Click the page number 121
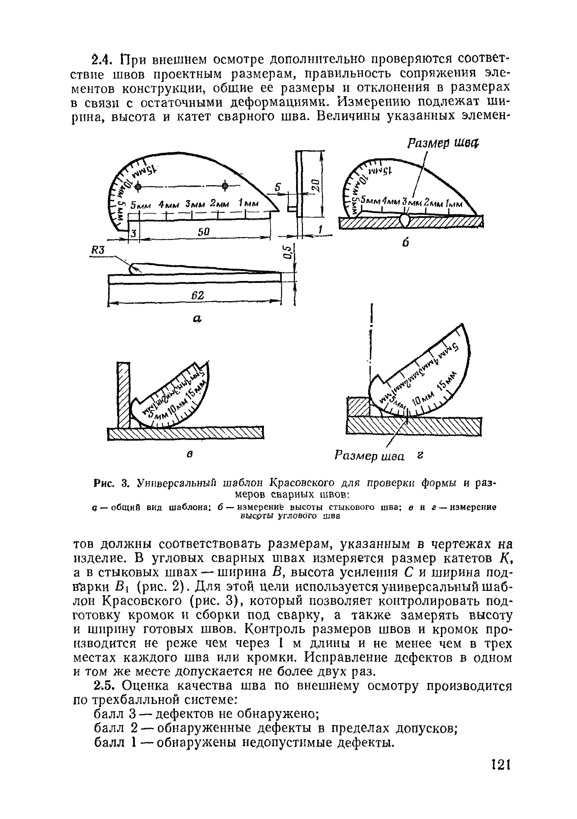500,775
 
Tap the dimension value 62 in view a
197,295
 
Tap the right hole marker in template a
225,186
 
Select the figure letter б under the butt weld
405,243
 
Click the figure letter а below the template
197,318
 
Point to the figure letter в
190,454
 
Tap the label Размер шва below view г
369,456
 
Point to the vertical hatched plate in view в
123,394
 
